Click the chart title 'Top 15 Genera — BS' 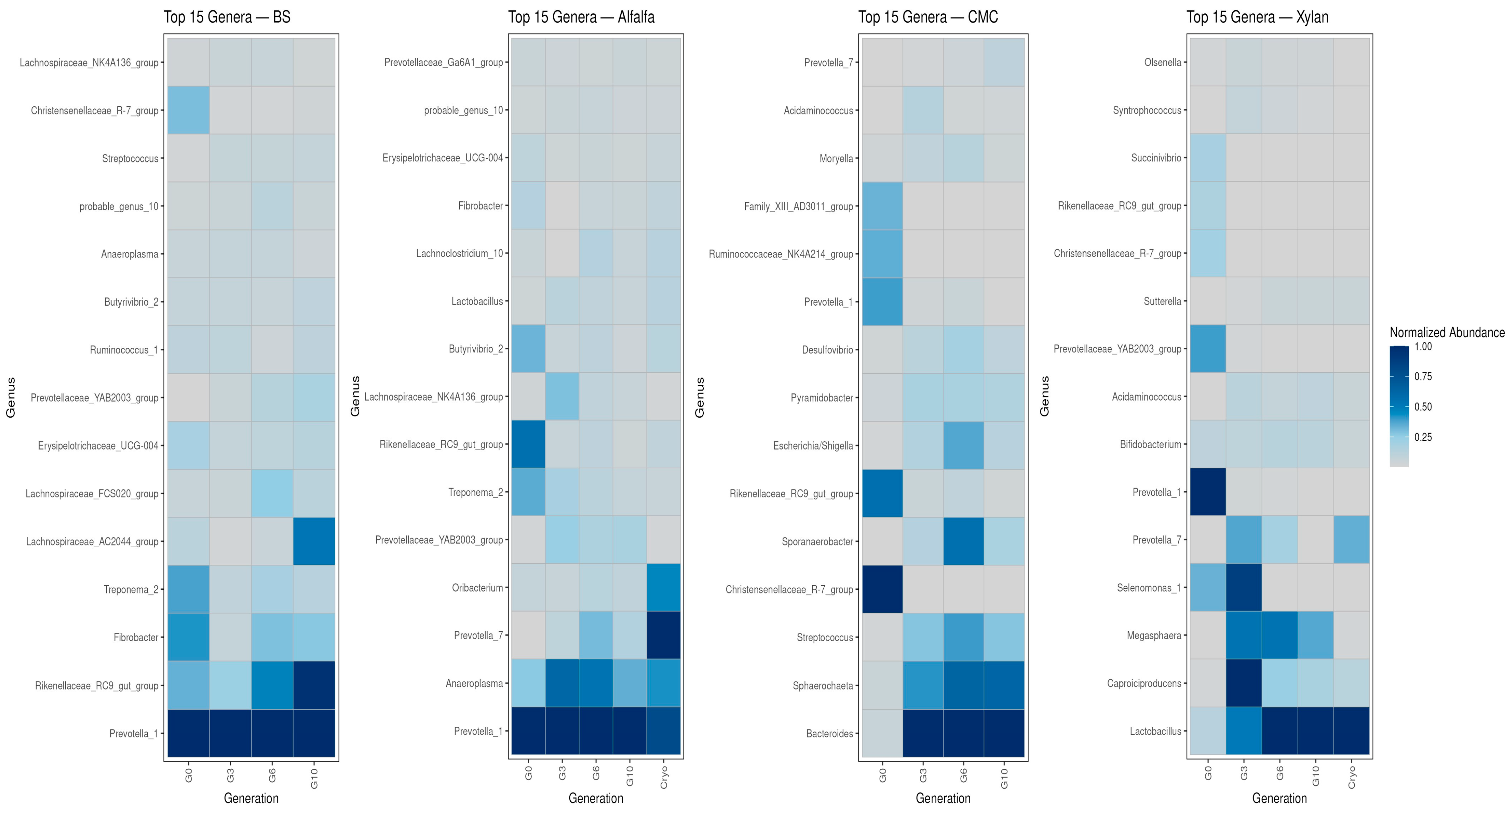[227, 17]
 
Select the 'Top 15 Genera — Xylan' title [1257, 17]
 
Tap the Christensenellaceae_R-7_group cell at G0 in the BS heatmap [189, 110]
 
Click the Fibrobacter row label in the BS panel [136, 637]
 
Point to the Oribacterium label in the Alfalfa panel [477, 588]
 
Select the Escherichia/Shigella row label [813, 446]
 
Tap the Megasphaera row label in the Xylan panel [1153, 635]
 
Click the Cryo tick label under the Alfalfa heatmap [663, 777]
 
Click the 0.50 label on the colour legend [1423, 406]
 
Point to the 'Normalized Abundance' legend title [1447, 332]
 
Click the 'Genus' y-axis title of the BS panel [10, 398]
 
